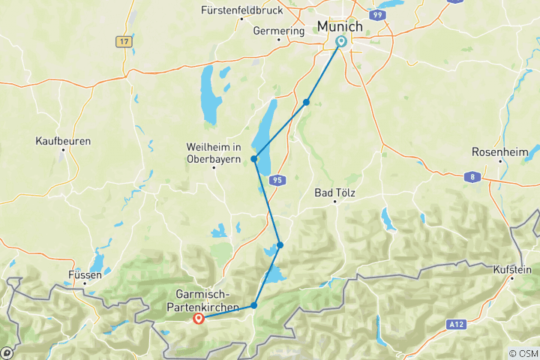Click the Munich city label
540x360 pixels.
(340, 26)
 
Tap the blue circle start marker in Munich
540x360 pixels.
(341, 42)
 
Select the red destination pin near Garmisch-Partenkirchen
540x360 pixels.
(199, 319)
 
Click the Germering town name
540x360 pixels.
(279, 31)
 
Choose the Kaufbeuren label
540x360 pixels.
(64, 140)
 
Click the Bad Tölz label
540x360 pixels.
(334, 193)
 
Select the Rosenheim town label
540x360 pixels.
(496, 151)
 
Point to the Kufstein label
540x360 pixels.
(512, 268)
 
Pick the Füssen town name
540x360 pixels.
(84, 275)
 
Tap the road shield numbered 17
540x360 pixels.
(124, 42)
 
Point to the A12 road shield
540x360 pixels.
(454, 325)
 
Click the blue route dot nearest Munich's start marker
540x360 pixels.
(307, 102)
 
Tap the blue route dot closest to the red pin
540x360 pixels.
(254, 305)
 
